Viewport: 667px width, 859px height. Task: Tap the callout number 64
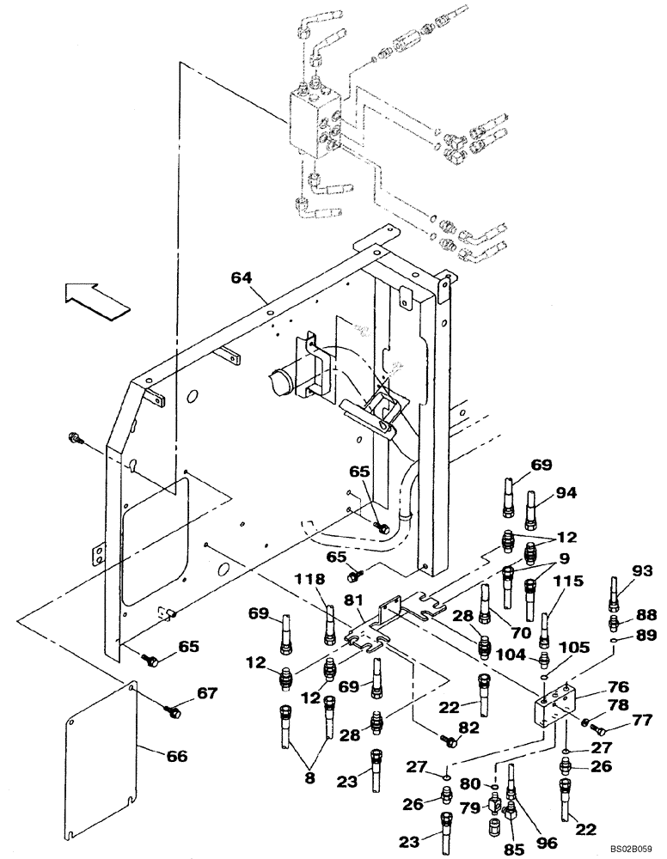click(243, 277)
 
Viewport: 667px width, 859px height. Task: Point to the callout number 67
click(208, 693)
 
